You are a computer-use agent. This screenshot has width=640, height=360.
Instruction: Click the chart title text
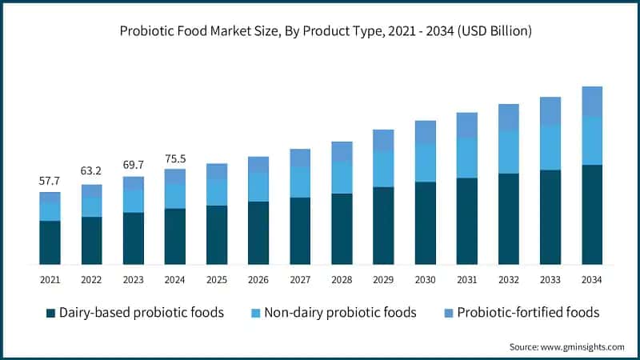[x=320, y=32]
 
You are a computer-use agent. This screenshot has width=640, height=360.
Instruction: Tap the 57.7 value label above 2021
[x=50, y=182]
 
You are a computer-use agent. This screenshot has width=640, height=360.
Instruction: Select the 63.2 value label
[x=91, y=170]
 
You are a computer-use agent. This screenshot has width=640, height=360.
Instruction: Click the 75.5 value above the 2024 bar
[x=174, y=158]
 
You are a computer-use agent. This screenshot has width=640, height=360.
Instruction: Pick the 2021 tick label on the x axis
[x=50, y=279]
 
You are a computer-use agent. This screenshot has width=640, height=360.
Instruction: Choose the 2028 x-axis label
[x=342, y=279]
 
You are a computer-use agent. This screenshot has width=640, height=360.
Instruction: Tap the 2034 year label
[x=592, y=279]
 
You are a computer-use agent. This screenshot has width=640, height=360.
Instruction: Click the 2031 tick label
[x=466, y=279]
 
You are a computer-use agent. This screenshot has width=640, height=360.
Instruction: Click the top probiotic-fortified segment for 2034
[x=592, y=101]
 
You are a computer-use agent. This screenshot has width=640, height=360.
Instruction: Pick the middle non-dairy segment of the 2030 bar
[x=425, y=163]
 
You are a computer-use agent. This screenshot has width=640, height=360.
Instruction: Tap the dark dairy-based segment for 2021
[x=50, y=242]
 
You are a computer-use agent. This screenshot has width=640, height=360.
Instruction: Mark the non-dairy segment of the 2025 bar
[x=216, y=192]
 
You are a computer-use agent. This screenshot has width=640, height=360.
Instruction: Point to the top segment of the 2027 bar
[x=300, y=158]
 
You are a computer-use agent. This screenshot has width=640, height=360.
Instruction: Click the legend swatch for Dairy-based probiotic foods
[x=51, y=313]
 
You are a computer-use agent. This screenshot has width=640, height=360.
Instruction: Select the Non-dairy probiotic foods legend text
[x=350, y=312]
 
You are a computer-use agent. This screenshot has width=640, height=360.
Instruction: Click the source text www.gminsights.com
[x=566, y=346]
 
